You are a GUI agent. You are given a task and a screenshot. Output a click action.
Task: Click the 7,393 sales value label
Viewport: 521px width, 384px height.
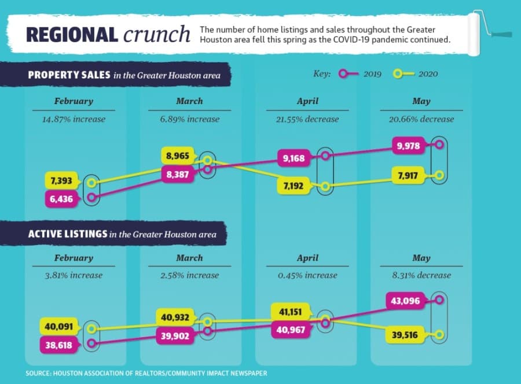(x=62, y=181)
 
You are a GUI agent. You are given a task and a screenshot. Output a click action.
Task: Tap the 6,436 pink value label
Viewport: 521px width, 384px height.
(x=62, y=199)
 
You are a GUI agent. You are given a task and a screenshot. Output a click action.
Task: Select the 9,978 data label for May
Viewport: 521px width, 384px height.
(x=409, y=146)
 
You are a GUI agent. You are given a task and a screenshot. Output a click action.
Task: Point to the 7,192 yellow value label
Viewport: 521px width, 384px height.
(x=293, y=186)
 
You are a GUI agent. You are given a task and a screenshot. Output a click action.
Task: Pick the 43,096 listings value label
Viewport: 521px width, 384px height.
(x=406, y=301)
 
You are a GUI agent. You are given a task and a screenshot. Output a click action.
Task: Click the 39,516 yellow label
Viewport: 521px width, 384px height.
(x=405, y=335)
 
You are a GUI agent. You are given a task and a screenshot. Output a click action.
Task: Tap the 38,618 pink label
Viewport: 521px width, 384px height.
(x=59, y=345)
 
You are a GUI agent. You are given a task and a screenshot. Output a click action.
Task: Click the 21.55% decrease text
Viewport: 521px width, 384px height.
(x=307, y=119)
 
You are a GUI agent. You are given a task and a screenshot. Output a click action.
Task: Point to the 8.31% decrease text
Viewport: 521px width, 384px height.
(x=421, y=275)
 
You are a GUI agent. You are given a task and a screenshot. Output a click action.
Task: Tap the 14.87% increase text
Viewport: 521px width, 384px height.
(x=74, y=119)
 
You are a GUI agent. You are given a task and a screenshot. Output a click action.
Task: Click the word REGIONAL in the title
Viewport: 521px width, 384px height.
(x=72, y=35)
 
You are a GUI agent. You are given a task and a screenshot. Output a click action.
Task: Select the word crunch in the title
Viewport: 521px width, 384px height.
(x=157, y=34)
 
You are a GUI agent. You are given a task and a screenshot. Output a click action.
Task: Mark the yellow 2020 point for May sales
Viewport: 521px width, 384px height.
(x=439, y=175)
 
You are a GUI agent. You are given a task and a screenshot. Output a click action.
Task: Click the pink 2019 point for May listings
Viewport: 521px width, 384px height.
(x=439, y=300)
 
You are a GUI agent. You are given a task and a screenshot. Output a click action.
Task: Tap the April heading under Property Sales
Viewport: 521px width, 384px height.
(x=308, y=101)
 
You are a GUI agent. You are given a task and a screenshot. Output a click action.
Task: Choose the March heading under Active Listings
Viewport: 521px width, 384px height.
(x=189, y=258)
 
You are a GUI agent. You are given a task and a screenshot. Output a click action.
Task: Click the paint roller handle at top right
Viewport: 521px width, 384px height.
(x=501, y=34)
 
